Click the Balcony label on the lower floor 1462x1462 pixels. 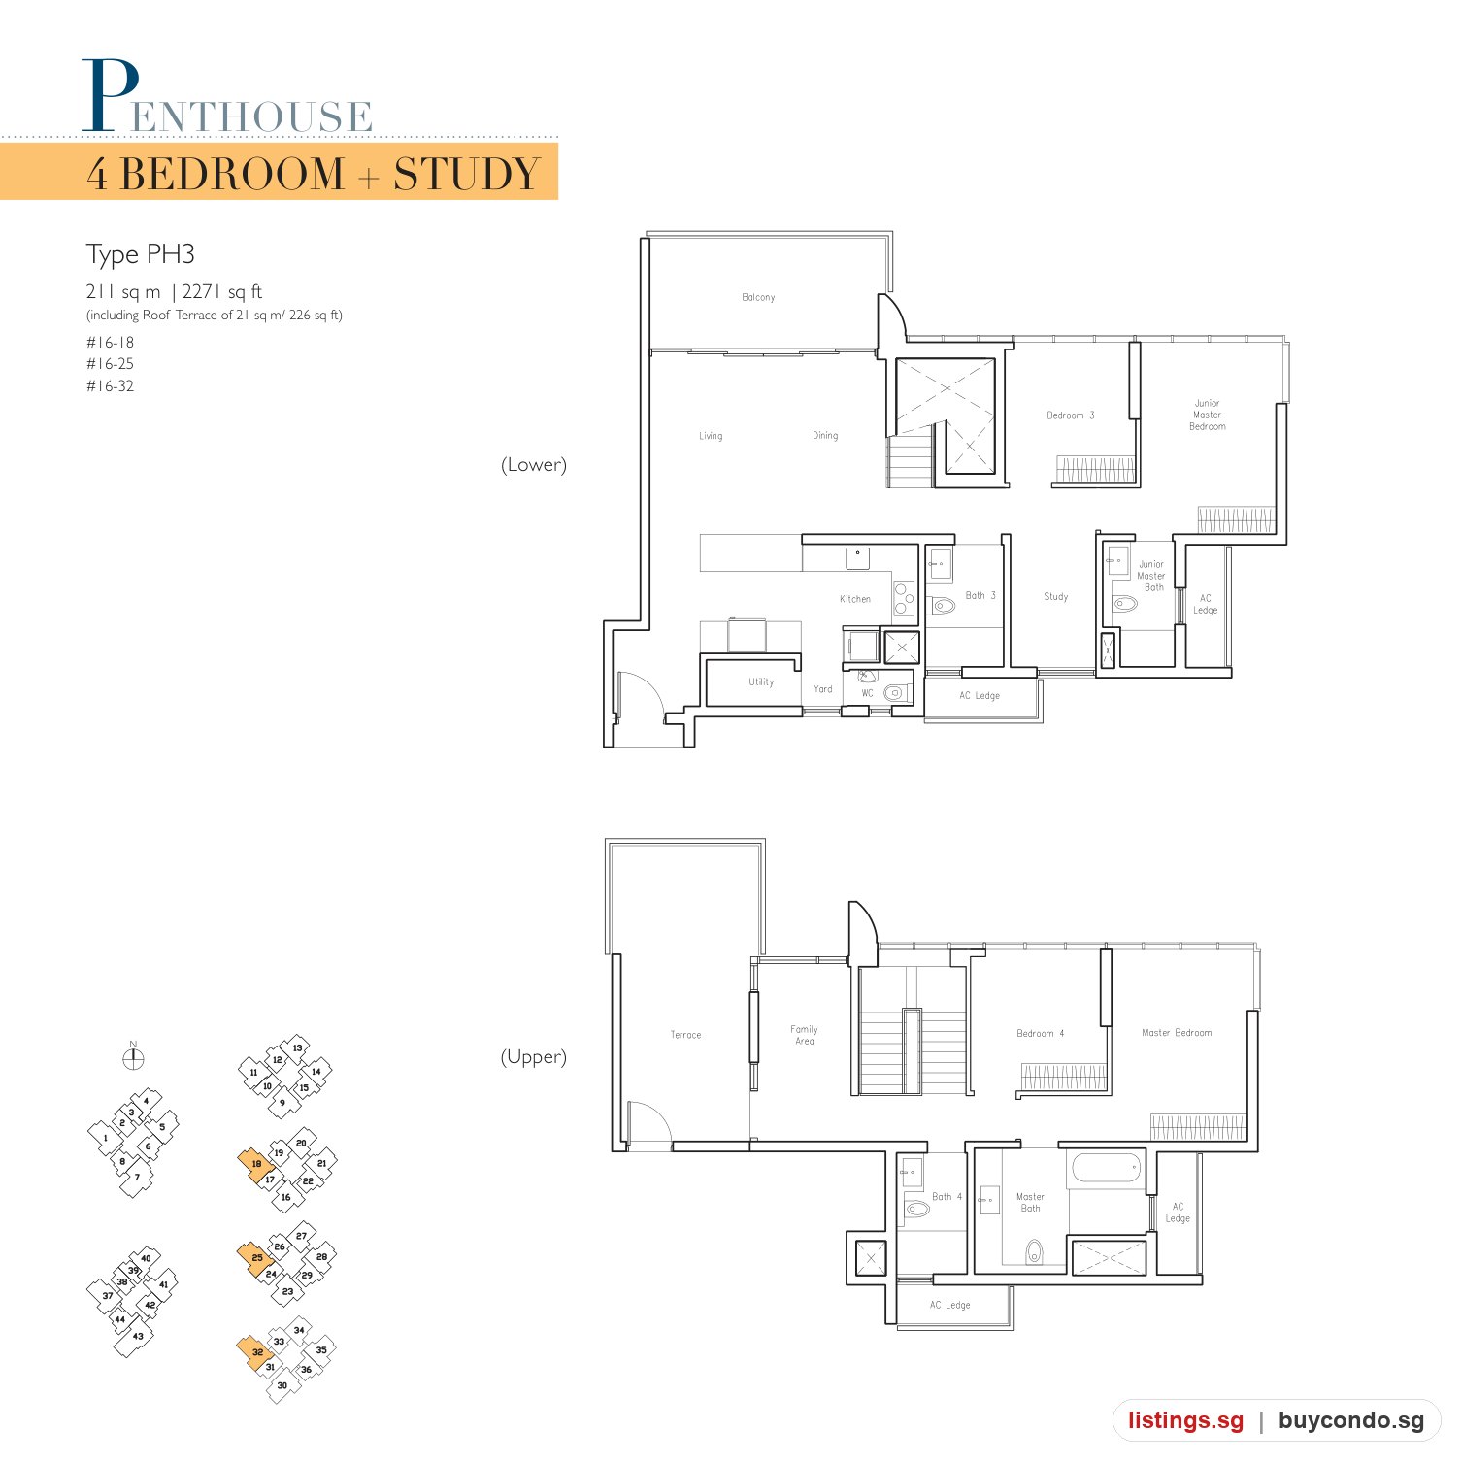point(758,297)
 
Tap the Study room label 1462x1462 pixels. point(1056,597)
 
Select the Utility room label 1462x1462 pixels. point(761,682)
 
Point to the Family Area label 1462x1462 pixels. point(805,1035)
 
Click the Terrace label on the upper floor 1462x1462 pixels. point(685,1035)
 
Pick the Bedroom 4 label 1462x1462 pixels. point(1040,1033)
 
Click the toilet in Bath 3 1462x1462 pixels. point(942,606)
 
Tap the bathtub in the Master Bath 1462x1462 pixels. point(1107,1168)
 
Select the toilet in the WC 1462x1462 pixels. point(895,693)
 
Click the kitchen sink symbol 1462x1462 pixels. point(858,558)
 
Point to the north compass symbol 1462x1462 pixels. point(134,1057)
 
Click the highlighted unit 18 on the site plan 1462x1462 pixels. point(255,1164)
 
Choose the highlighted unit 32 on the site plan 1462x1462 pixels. point(256,1352)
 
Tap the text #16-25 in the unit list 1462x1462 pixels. point(110,364)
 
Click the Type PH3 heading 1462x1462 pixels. point(141,254)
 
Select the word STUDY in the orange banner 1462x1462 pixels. point(466,175)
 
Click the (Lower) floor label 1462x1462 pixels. point(534,465)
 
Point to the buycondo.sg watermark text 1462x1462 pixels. point(1351,1421)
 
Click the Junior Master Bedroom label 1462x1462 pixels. point(1207,415)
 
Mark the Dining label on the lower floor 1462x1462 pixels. point(825,436)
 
